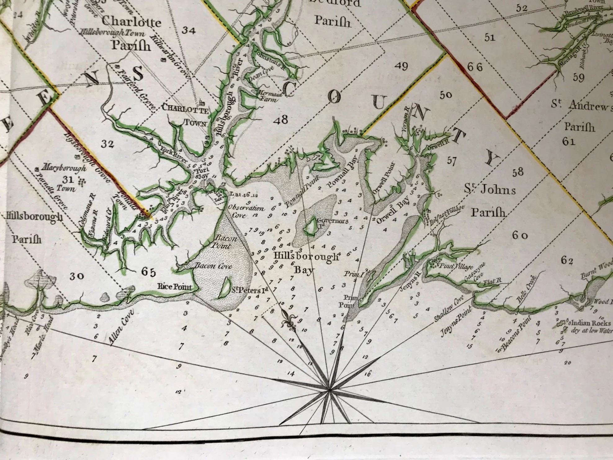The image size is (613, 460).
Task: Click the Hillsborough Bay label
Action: [x=306, y=262]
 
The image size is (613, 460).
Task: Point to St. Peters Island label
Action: [x=250, y=290]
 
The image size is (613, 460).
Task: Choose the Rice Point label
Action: [x=175, y=286]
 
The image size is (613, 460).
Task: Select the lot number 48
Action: [x=281, y=120]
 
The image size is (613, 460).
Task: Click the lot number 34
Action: [x=189, y=30]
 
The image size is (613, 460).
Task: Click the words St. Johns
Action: [x=490, y=189]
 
